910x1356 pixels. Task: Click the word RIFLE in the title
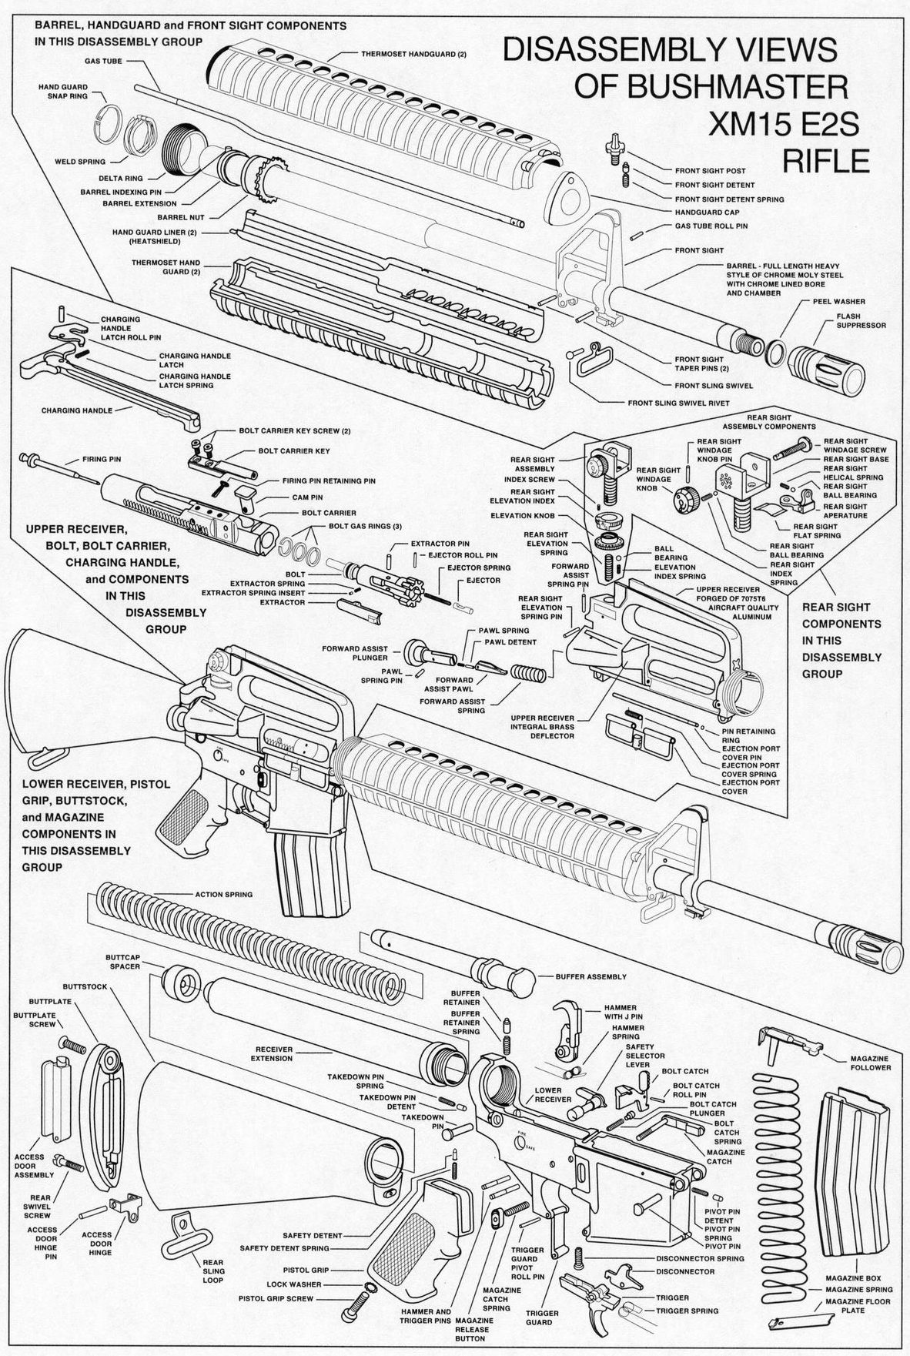point(825,161)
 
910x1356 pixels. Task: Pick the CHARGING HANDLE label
point(77,410)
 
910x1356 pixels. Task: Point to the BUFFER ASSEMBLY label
point(590,976)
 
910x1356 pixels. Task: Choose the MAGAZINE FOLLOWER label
point(870,1063)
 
